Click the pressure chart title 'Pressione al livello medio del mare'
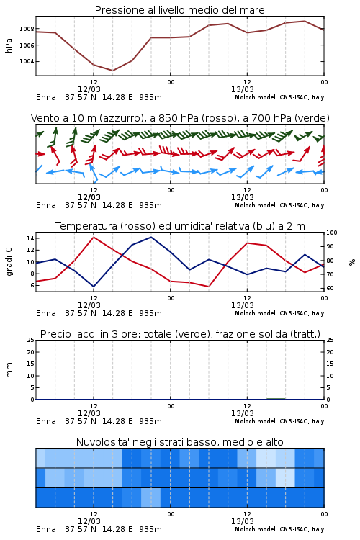(x=179, y=10)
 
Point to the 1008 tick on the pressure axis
(x=27, y=29)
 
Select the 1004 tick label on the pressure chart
(x=27, y=61)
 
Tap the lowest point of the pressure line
(x=112, y=71)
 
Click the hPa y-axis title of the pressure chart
(x=9, y=45)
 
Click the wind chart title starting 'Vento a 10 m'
(x=180, y=118)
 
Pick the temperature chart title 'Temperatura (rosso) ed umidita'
(x=180, y=226)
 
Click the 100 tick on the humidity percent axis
(x=332, y=233)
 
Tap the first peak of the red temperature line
(x=94, y=237)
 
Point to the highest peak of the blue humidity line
(x=151, y=237)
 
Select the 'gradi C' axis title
(x=9, y=262)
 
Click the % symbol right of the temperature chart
(x=352, y=262)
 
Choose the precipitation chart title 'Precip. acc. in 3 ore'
(x=180, y=334)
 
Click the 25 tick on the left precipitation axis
(x=31, y=340)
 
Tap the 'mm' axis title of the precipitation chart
(x=9, y=370)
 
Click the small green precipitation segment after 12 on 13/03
(x=276, y=399)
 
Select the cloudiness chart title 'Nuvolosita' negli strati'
(x=179, y=442)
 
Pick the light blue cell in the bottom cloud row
(x=151, y=498)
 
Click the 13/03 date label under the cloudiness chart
(x=242, y=521)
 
